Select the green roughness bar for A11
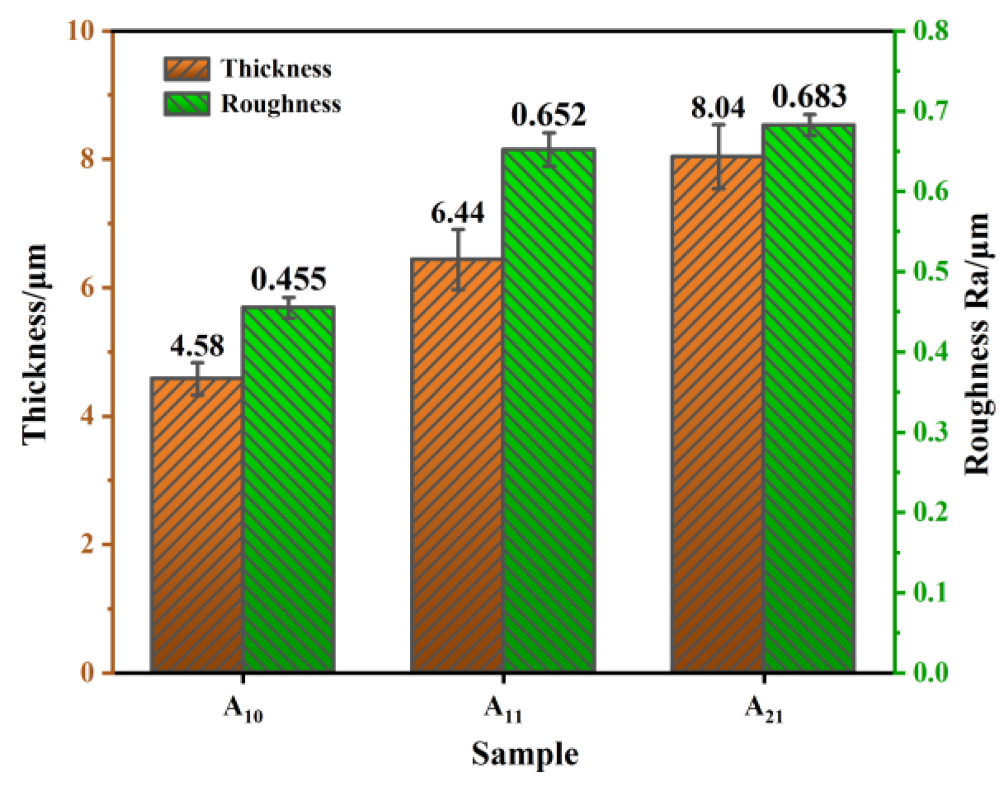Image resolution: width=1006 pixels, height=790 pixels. coord(549,410)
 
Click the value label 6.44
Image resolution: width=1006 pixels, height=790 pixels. coord(458,213)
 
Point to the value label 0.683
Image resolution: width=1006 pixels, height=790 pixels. coord(809,96)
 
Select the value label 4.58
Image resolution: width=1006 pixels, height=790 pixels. coord(197,346)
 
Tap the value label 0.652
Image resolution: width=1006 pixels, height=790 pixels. coord(549,115)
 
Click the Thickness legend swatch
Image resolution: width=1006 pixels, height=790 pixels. coord(187,69)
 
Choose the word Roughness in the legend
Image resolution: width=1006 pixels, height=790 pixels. coord(281,104)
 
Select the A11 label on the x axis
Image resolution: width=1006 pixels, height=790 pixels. coord(503,709)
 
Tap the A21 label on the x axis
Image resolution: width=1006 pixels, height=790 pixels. coord(763,709)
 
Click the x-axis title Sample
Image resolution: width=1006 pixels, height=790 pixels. coord(525,755)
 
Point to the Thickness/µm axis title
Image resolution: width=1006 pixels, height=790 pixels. coord(35,344)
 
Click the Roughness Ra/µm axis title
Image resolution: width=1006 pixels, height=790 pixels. coord(976,344)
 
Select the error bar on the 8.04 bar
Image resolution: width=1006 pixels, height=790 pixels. coord(718,156)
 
